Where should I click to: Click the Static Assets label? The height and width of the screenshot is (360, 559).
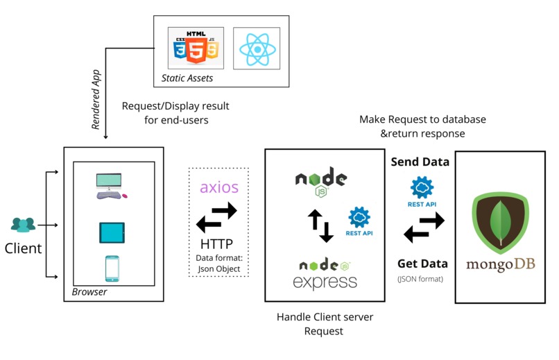point(187,78)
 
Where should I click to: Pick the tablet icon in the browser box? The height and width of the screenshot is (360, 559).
point(111,233)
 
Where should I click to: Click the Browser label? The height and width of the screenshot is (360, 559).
point(89,292)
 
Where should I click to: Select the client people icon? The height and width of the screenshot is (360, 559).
point(23,225)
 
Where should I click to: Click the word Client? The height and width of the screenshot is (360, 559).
point(24,248)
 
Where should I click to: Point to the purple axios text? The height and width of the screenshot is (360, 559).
point(218,187)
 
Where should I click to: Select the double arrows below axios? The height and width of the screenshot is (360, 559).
point(217,217)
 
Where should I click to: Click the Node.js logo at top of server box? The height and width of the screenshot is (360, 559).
point(320,179)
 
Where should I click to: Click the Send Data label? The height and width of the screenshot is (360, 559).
point(420,162)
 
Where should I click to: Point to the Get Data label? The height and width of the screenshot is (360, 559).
point(421,264)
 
